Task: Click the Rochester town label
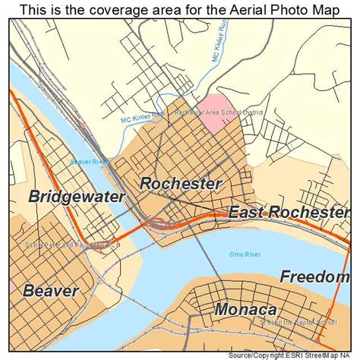[x=181, y=184]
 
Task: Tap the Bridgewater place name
[x=66, y=197]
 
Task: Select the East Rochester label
[x=289, y=213]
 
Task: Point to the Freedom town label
[x=314, y=276]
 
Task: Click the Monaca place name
[x=245, y=309]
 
